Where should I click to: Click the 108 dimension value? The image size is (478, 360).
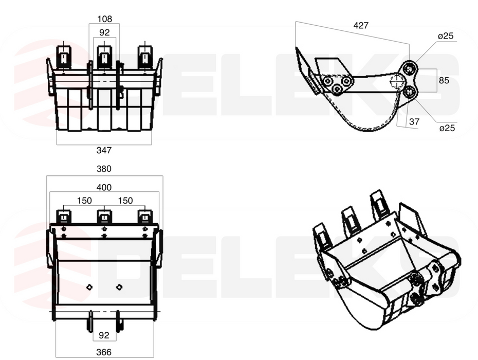[104, 19]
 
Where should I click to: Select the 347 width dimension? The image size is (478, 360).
[104, 150]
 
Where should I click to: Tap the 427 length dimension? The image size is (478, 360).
[361, 25]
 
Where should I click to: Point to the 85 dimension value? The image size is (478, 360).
[444, 80]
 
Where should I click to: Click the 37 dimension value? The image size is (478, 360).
[414, 122]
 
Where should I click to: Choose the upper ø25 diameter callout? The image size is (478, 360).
[446, 36]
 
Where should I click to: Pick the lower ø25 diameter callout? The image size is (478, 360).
[447, 128]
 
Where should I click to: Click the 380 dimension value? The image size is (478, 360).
[104, 169]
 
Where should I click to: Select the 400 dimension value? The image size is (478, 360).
[104, 187]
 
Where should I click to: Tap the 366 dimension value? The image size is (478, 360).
[104, 352]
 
